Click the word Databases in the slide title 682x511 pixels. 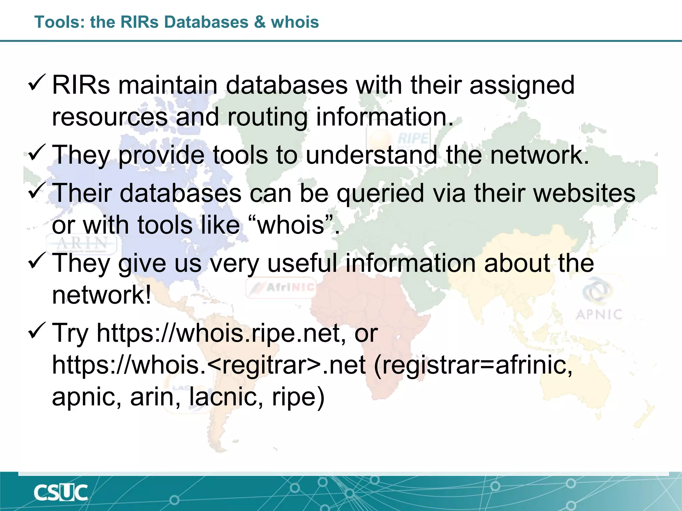206,22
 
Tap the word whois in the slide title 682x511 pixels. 295,22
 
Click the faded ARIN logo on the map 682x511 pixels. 82,244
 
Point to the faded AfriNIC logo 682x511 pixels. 282,287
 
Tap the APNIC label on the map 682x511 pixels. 598,314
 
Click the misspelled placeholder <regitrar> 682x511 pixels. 263,365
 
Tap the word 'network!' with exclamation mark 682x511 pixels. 102,295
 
